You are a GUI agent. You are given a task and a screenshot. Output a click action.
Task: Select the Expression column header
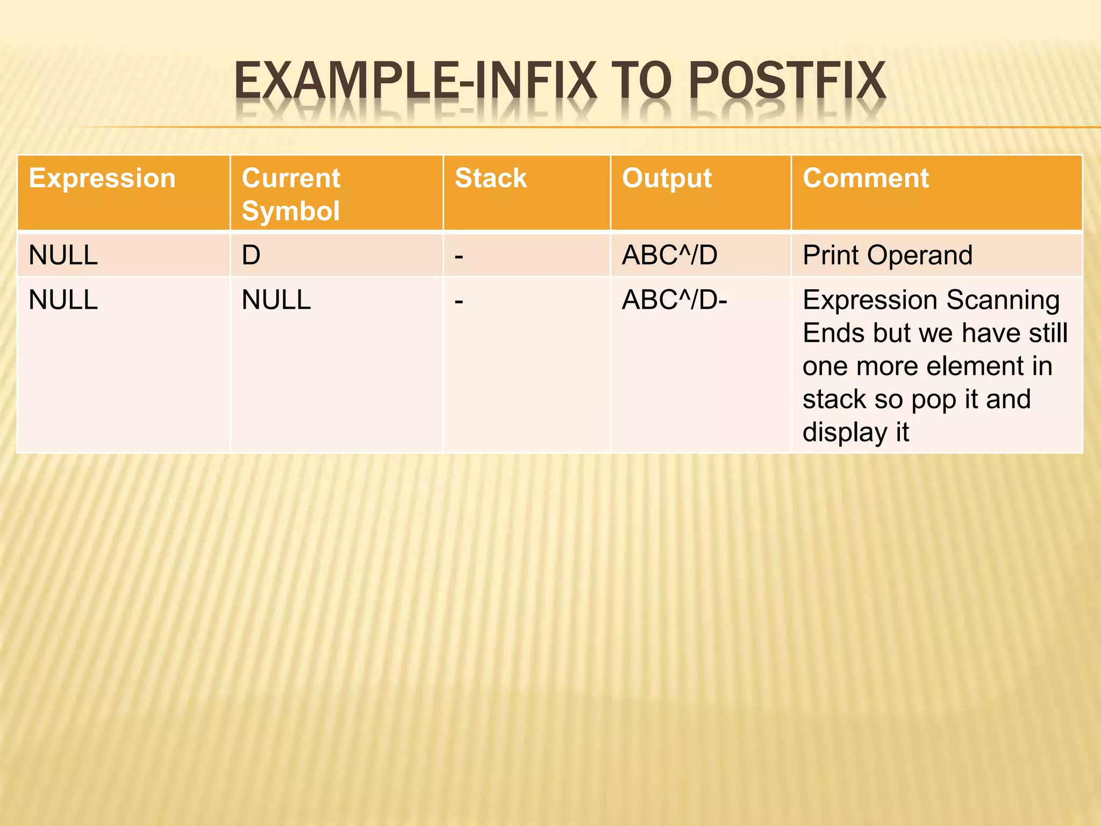click(102, 178)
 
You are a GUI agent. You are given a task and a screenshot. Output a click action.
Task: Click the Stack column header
click(491, 178)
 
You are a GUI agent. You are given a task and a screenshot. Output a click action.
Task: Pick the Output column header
click(667, 178)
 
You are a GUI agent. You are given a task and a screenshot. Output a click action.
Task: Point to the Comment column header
click(866, 178)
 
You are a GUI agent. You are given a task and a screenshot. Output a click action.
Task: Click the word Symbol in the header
click(291, 211)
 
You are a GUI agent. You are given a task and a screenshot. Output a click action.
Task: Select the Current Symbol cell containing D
click(251, 255)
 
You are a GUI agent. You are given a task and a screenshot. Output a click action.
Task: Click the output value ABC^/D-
click(674, 300)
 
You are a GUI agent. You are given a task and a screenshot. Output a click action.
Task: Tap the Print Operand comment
click(887, 255)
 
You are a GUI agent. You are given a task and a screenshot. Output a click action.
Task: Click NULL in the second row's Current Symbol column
click(276, 300)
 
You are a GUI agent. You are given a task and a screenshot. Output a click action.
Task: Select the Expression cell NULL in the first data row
click(63, 255)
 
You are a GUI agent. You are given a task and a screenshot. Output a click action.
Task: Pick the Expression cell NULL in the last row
click(63, 300)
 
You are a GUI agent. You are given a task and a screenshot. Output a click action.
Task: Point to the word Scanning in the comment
click(1003, 300)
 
